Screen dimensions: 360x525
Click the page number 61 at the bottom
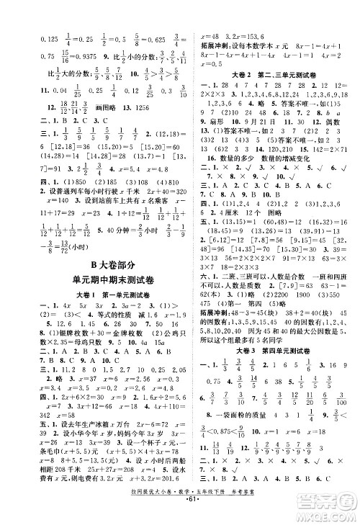(180, 516)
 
